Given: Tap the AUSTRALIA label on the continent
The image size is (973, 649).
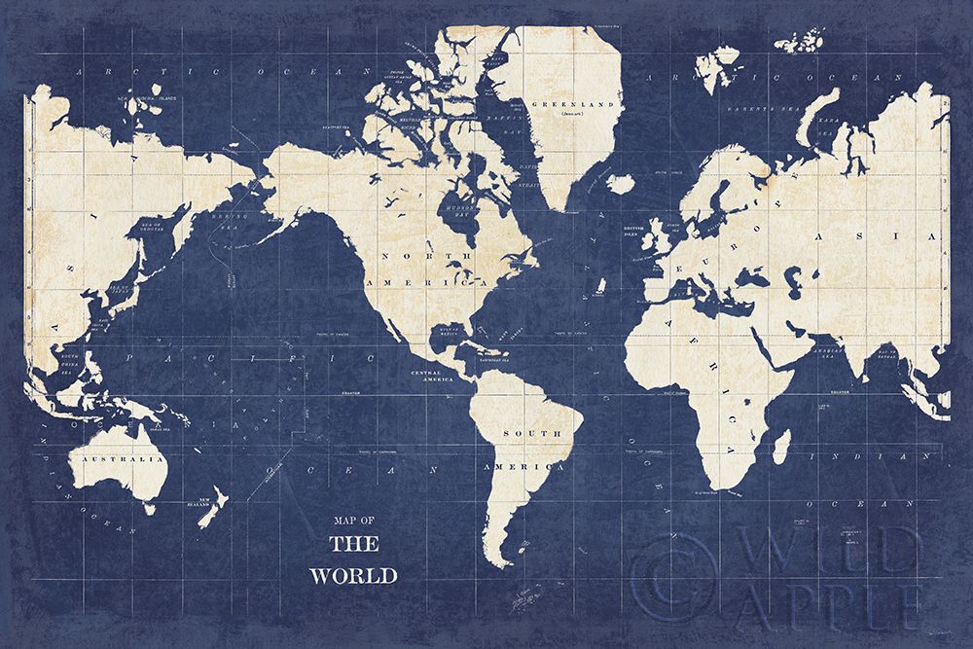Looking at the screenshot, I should point(121,458).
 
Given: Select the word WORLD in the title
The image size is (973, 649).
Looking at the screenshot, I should point(353,575).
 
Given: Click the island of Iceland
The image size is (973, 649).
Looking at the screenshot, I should point(620,183).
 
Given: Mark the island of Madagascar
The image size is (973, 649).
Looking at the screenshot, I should point(781,448).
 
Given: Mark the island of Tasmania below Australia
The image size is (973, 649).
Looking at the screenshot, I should point(149,507).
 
